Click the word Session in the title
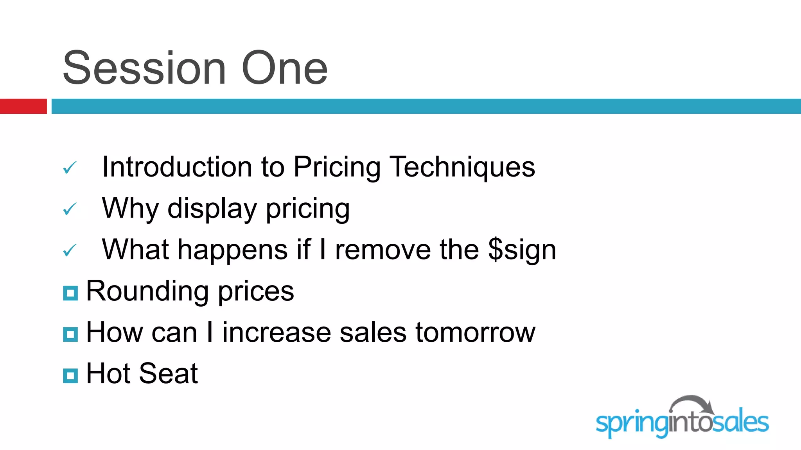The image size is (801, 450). click(144, 68)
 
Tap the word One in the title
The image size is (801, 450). click(284, 68)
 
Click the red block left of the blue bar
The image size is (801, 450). click(23, 106)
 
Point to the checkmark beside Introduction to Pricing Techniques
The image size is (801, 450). click(70, 168)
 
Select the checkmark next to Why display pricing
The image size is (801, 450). click(70, 209)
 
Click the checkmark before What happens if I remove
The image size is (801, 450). click(70, 250)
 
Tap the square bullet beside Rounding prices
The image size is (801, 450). click(70, 293)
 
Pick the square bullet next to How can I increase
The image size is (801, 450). click(70, 334)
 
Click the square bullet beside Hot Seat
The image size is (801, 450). click(70, 376)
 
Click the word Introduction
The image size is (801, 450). click(177, 167)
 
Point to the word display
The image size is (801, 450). click(212, 209)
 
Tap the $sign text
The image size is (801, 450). click(522, 250)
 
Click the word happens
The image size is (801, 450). click(233, 250)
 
